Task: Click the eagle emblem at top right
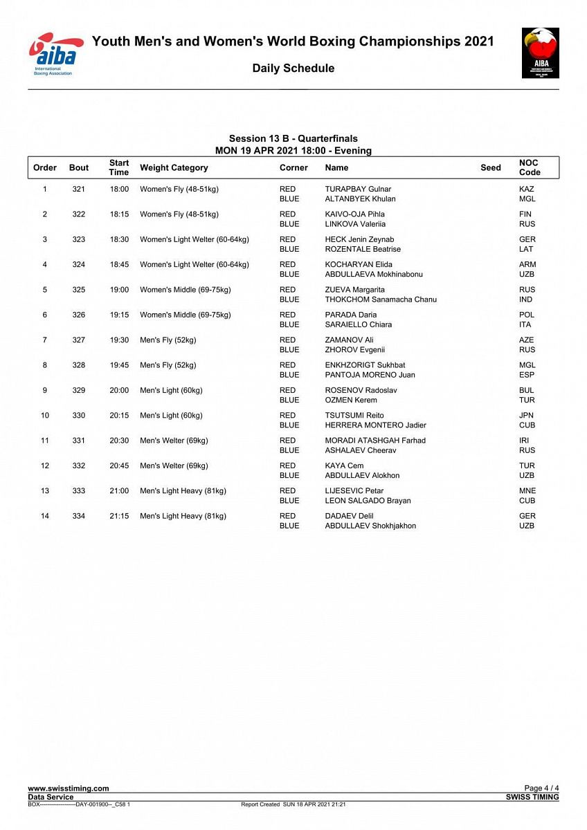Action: coord(540,53)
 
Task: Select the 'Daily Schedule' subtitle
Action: coord(293,68)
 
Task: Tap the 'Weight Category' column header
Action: coord(174,168)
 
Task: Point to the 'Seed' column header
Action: coord(490,168)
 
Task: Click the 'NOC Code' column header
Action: coord(529,167)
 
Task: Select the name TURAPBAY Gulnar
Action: coord(358,190)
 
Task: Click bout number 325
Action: coord(79,290)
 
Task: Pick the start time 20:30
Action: coord(119,441)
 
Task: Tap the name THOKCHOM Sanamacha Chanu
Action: coord(381,299)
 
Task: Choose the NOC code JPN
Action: coord(527,416)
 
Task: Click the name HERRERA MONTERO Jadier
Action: coord(375,425)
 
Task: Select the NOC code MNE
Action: coord(527,491)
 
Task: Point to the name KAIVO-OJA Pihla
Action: coord(354,214)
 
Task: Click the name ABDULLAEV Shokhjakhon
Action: coord(370,526)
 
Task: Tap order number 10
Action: coord(45,416)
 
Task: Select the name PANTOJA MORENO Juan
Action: coord(370,375)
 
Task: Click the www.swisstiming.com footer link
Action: coord(68,788)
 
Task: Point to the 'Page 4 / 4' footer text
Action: coord(541,788)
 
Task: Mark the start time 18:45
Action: coord(119,265)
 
